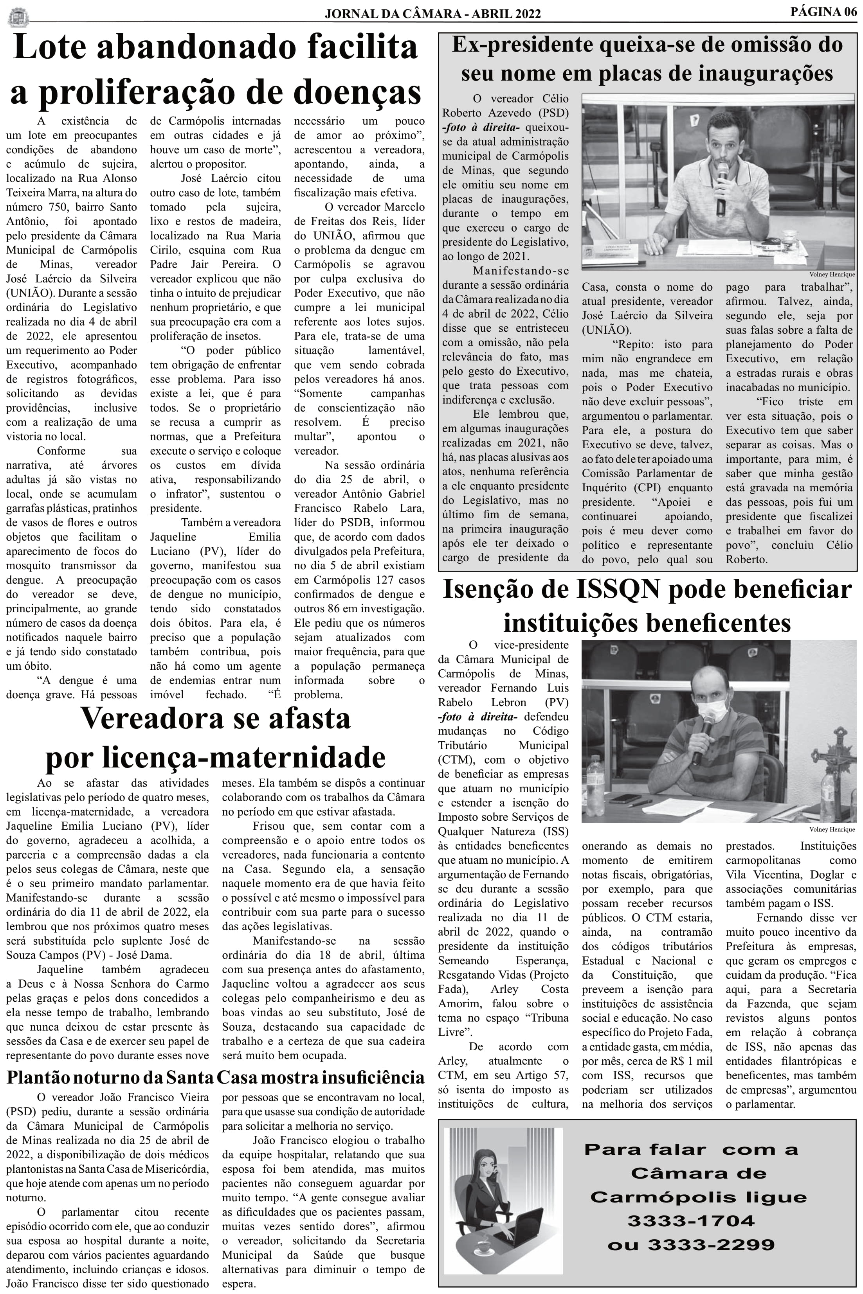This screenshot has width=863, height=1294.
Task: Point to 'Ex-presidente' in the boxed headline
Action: [522, 45]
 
